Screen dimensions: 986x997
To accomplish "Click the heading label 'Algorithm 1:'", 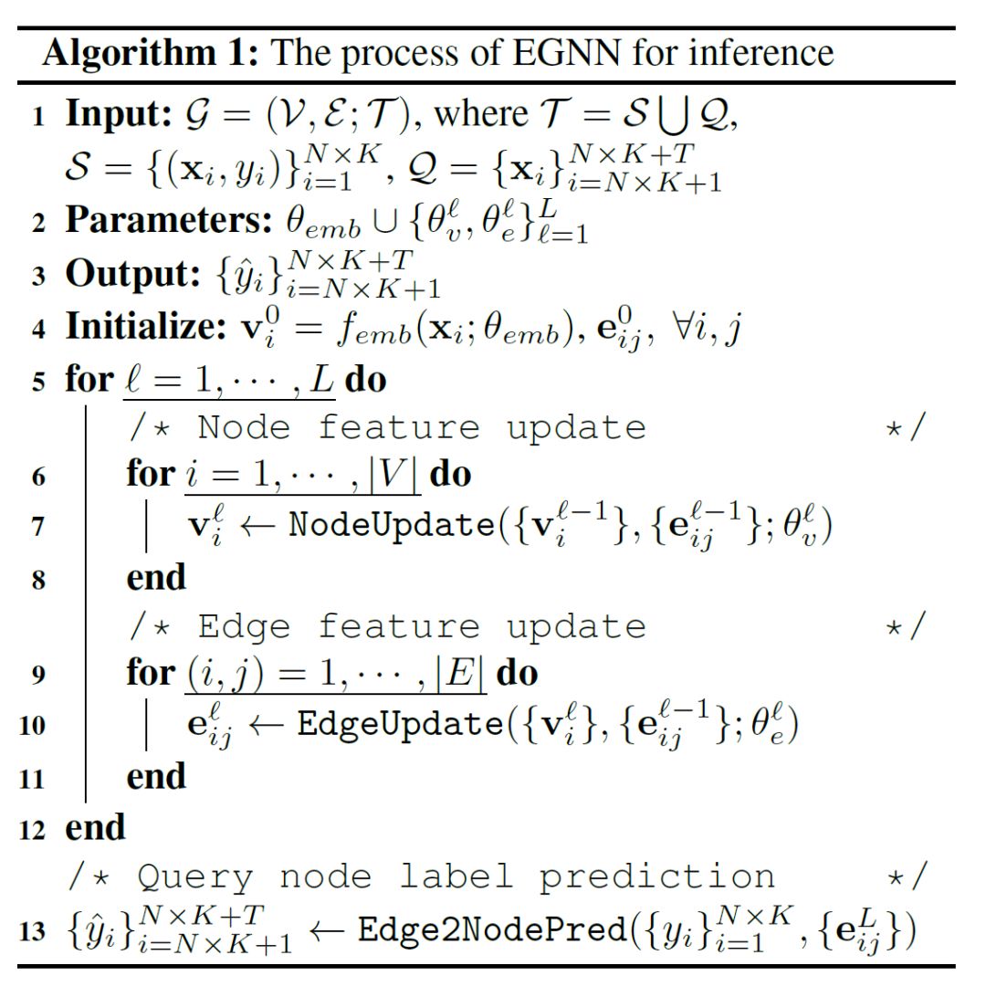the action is [151, 53].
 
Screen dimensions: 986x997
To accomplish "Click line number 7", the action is [38, 528].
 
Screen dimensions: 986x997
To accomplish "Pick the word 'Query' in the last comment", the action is [194, 877].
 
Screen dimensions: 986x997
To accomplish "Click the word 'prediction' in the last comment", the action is [655, 877].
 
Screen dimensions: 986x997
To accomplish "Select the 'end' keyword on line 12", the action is [95, 827].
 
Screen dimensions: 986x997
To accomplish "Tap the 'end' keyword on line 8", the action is [155, 577].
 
